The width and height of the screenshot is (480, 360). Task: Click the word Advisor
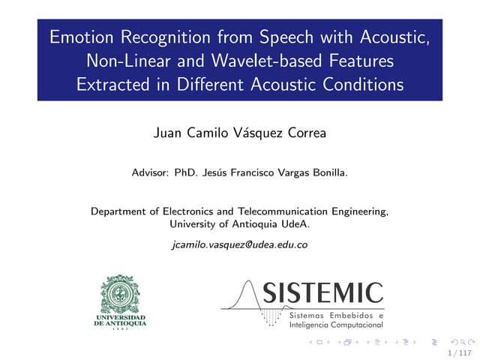[149, 172]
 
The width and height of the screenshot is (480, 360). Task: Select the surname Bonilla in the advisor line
[327, 172]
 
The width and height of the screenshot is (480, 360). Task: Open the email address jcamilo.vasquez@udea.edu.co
[240, 244]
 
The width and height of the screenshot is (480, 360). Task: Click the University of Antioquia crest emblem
[120, 293]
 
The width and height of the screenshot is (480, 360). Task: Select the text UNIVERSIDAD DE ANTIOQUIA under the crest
[120, 321]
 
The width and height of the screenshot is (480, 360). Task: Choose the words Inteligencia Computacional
[335, 325]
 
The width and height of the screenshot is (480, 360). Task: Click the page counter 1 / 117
[459, 352]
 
